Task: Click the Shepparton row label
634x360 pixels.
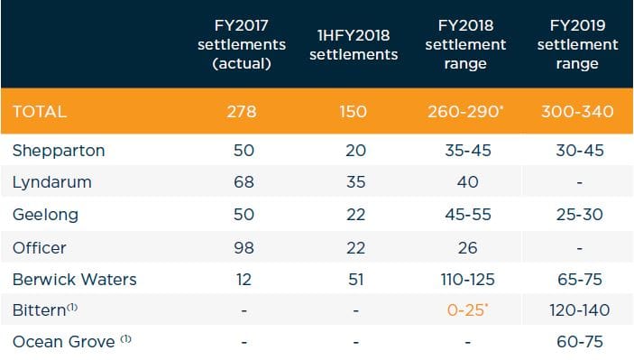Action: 59,151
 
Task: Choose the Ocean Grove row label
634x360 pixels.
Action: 66,343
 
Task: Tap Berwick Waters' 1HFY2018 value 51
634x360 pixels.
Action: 354,279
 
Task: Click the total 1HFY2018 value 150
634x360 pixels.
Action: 354,113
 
